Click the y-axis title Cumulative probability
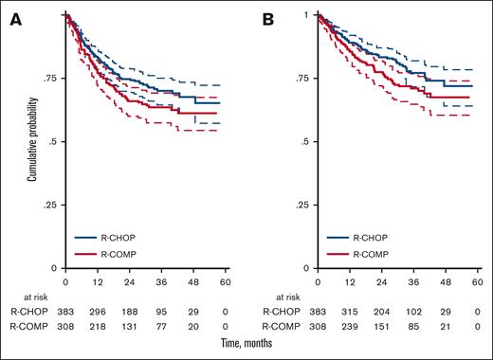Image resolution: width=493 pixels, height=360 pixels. coord(32,142)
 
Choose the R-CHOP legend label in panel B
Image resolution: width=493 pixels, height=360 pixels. coord(373,240)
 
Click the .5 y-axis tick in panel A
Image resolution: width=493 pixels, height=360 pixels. coord(55,142)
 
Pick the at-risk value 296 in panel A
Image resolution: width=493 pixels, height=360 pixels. coord(98,311)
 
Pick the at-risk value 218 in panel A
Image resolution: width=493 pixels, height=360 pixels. coord(98,326)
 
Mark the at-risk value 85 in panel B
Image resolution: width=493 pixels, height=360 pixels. coord(414,326)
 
